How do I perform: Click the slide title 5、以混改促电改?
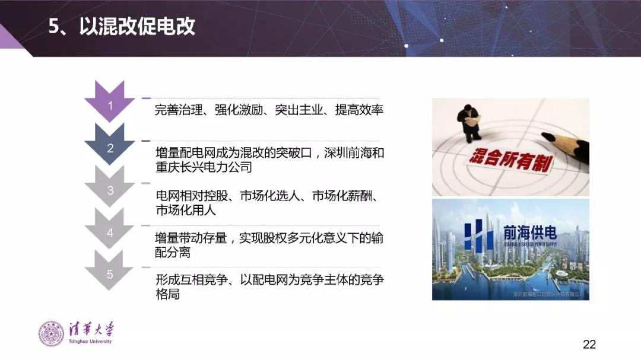pos(122,27)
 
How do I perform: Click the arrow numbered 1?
pos(110,104)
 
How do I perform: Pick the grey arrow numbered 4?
pos(110,232)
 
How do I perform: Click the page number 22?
pos(589,344)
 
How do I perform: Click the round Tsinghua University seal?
pos(51,334)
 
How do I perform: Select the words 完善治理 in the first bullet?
pos(174,110)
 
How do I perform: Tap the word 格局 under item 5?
pos(167,295)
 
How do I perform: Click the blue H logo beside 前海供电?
pos(478,237)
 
